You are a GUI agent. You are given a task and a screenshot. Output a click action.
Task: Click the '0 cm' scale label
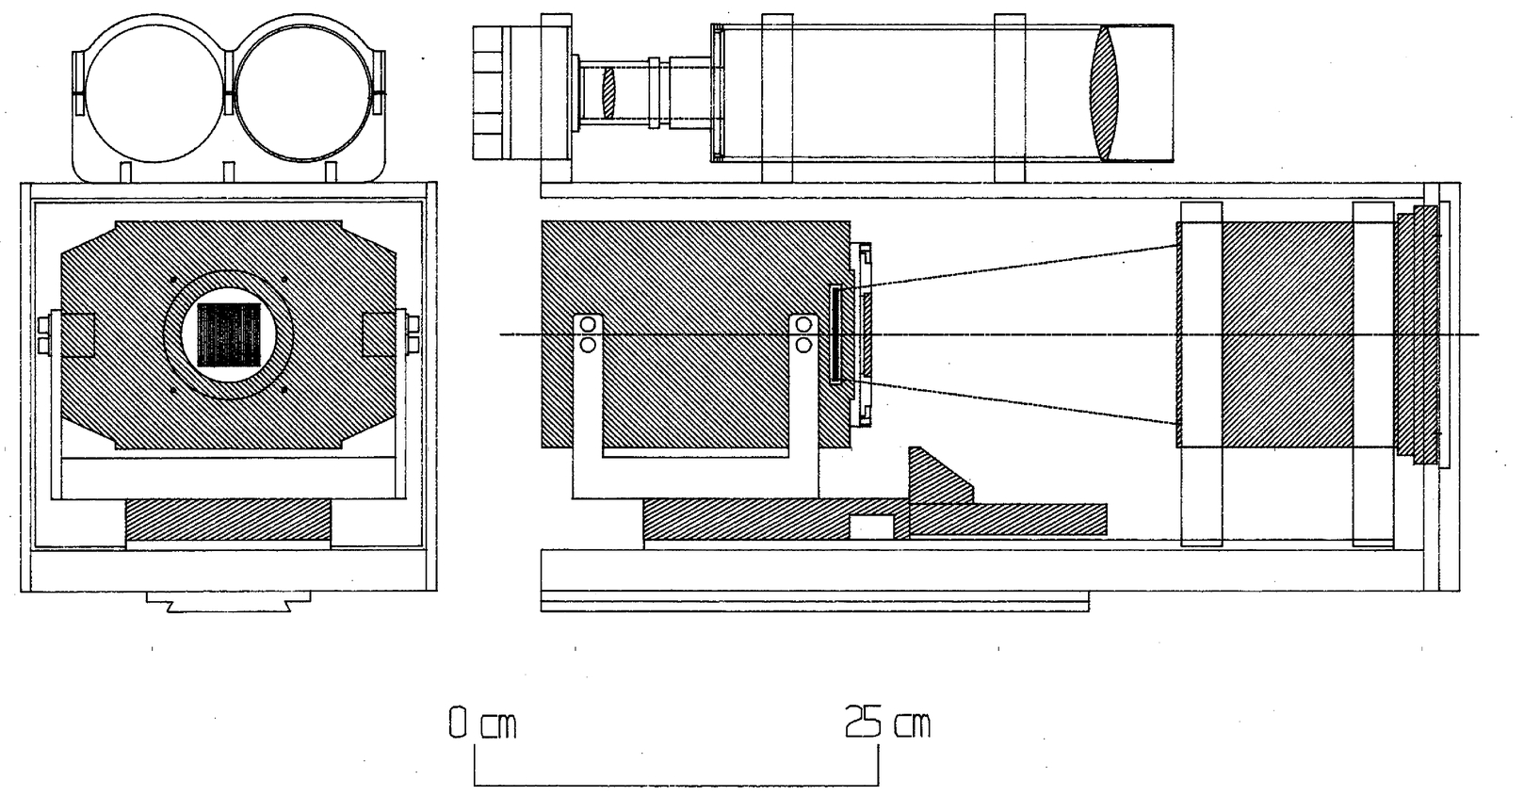pyautogui.click(x=482, y=724)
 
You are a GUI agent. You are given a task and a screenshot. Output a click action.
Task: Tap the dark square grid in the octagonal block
pyautogui.click(x=228, y=334)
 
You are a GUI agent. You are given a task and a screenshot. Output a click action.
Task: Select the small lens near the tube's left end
pyautogui.click(x=608, y=91)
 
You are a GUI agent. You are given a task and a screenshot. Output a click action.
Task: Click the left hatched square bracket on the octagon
pyautogui.click(x=77, y=334)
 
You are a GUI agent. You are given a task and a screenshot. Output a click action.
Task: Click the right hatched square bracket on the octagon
pyautogui.click(x=379, y=334)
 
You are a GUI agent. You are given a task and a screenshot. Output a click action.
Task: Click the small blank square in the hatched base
pyautogui.click(x=871, y=528)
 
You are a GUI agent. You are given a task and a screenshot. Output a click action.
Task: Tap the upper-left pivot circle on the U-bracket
pyautogui.click(x=589, y=325)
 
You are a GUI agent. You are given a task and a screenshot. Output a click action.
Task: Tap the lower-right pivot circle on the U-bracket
pyautogui.click(x=803, y=345)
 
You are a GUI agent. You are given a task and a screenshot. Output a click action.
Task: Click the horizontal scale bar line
pyautogui.click(x=676, y=784)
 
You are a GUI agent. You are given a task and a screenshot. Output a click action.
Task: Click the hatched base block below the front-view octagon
pyautogui.click(x=228, y=520)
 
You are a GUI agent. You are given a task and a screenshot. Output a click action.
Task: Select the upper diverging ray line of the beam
pyautogui.click(x=1017, y=267)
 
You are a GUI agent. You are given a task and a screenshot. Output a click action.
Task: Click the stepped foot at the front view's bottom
pyautogui.click(x=228, y=602)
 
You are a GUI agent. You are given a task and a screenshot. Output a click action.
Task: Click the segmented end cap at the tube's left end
pyautogui.click(x=488, y=91)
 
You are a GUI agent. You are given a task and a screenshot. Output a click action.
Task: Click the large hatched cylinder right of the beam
pyautogui.click(x=1286, y=334)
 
